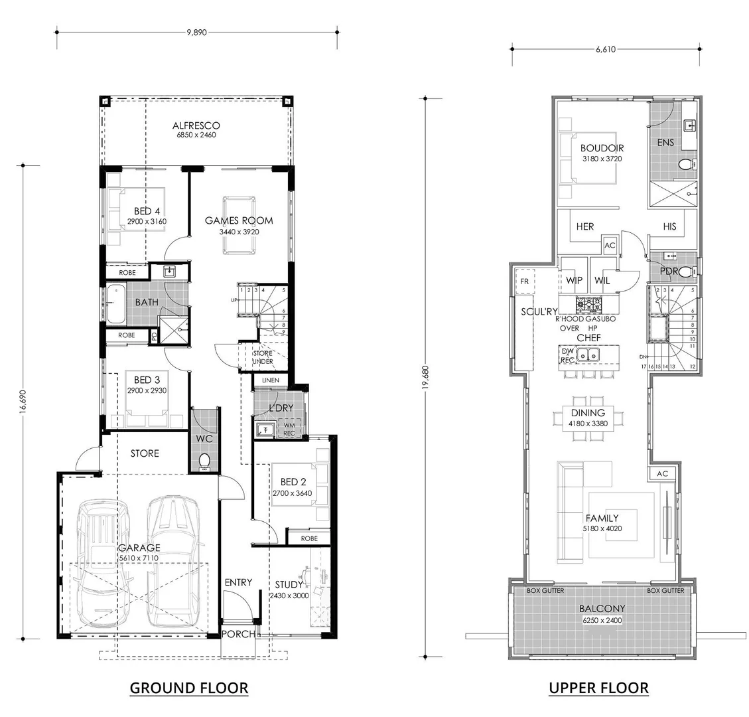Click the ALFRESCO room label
point(196,125)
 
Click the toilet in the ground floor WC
point(205,460)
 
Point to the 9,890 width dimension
point(196,31)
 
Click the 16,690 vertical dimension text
point(23,401)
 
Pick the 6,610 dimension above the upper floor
point(604,48)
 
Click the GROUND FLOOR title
point(189,688)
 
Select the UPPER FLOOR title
point(598,688)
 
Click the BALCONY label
point(602,608)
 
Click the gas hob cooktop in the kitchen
point(588,305)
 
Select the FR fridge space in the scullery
point(525,281)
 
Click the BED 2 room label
point(293,482)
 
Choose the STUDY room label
point(289,585)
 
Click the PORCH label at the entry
point(238,634)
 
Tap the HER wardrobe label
point(584,226)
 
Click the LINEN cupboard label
point(271,380)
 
